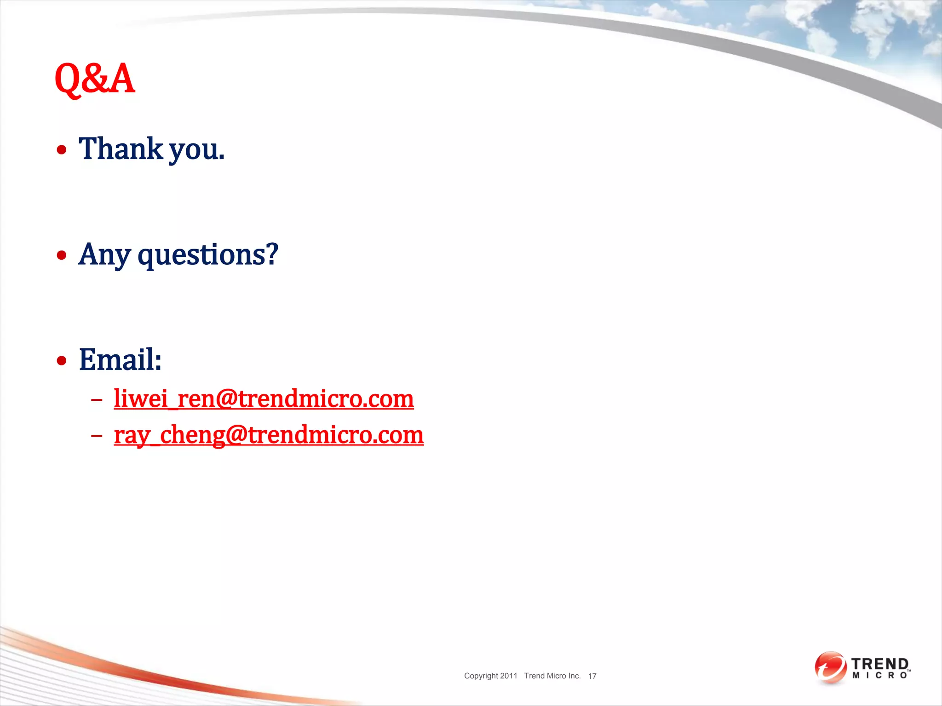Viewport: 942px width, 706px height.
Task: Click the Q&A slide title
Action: (x=94, y=79)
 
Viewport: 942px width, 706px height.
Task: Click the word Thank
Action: (x=121, y=149)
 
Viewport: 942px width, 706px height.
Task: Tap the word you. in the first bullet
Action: (x=197, y=151)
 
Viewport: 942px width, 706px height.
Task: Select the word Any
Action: (x=104, y=255)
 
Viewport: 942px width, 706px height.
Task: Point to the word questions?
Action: (x=208, y=255)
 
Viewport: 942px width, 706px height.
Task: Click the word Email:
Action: (x=120, y=359)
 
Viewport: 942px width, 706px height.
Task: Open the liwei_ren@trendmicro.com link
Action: (x=264, y=399)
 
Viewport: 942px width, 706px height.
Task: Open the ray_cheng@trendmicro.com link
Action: (x=269, y=435)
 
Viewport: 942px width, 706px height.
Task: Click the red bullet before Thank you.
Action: (x=62, y=150)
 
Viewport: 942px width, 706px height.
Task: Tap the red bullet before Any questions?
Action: (x=62, y=255)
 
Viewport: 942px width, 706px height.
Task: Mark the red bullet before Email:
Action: (x=62, y=360)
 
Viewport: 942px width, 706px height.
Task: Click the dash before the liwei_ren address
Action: (x=97, y=399)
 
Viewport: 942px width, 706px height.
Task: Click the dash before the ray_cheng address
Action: (x=97, y=435)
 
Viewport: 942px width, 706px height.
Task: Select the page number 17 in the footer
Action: (x=592, y=676)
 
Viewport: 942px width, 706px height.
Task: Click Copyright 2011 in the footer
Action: (x=490, y=676)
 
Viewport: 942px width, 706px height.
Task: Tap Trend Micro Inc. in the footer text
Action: (x=552, y=676)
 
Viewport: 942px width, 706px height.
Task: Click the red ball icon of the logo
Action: (x=830, y=667)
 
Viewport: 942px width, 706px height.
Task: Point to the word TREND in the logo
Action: (x=880, y=664)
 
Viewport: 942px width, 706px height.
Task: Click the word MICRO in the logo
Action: (x=879, y=676)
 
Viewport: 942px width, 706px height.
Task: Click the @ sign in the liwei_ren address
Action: (x=226, y=399)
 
